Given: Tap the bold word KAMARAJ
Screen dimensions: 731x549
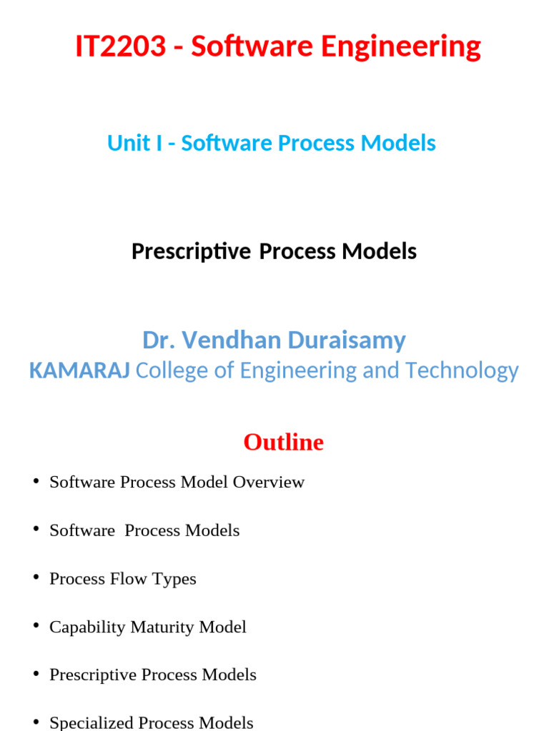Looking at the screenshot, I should click(79, 370).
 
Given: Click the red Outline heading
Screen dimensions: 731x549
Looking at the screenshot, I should click(283, 443).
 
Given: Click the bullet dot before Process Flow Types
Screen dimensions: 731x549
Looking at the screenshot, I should click(36, 578).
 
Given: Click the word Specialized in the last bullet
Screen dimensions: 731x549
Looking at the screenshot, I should click(91, 723).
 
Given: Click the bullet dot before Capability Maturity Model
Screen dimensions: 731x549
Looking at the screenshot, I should click(36, 626).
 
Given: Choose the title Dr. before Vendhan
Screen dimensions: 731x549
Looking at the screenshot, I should click(158, 340).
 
